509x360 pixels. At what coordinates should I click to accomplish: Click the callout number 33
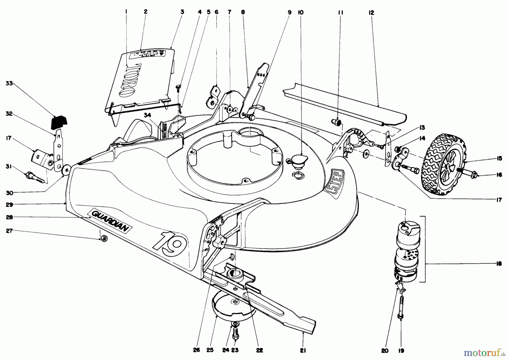10,83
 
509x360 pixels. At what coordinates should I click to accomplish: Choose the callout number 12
371,12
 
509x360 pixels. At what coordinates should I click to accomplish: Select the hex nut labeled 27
103,239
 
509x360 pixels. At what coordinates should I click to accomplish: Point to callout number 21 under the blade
303,350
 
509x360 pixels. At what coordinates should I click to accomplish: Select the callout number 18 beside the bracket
499,264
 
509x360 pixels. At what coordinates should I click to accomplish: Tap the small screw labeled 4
178,88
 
